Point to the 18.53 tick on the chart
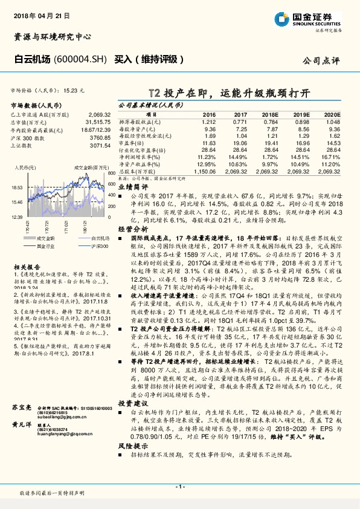point(16,188)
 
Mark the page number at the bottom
point(179,487)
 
